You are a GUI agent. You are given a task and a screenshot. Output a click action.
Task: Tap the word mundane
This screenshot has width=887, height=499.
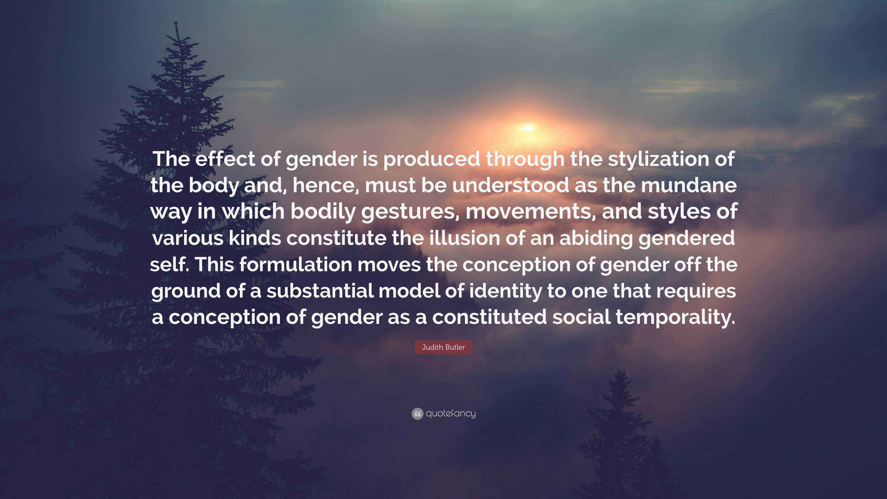coord(689,185)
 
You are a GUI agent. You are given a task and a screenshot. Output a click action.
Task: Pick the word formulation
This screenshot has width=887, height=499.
coord(296,265)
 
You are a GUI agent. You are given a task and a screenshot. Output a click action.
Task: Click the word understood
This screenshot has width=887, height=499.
coord(511,185)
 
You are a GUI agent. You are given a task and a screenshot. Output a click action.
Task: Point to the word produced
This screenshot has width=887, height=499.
coord(431,159)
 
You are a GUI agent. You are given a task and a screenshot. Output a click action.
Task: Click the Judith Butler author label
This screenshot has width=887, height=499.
coord(443,347)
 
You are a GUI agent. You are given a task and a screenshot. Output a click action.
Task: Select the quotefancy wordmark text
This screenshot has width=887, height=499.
coord(451,413)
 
